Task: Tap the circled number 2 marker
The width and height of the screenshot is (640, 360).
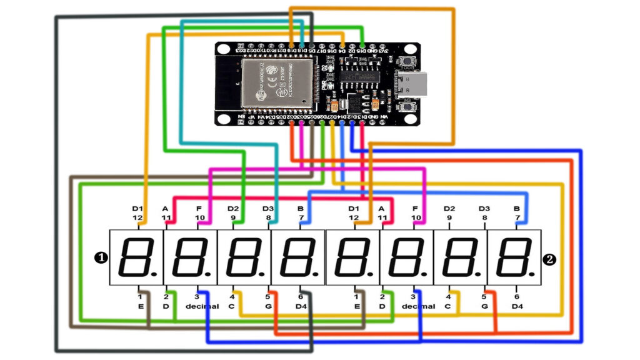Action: pyautogui.click(x=549, y=258)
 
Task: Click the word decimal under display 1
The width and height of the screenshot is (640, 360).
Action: pyautogui.click(x=202, y=306)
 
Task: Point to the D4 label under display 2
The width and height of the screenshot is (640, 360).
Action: pyautogui.click(x=517, y=306)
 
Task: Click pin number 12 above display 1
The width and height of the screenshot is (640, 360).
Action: pyautogui.click(x=138, y=217)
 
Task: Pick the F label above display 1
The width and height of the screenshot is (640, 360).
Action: pyautogui.click(x=200, y=208)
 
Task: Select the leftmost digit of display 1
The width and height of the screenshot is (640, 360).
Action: pyautogui.click(x=137, y=257)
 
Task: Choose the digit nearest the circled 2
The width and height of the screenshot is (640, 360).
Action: pyautogui.click(x=515, y=257)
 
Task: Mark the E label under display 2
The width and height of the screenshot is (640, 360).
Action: pyautogui.click(x=357, y=306)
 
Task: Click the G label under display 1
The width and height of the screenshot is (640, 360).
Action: pyautogui.click(x=268, y=306)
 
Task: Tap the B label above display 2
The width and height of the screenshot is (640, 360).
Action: pyautogui.click(x=517, y=208)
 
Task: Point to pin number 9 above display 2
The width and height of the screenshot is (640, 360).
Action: pyautogui.click(x=449, y=217)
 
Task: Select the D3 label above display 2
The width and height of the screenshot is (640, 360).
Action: pyautogui.click(x=484, y=208)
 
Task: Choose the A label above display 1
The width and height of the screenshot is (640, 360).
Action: pyautogui.click(x=166, y=208)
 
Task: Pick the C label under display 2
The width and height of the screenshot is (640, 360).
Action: pyautogui.click(x=448, y=306)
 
